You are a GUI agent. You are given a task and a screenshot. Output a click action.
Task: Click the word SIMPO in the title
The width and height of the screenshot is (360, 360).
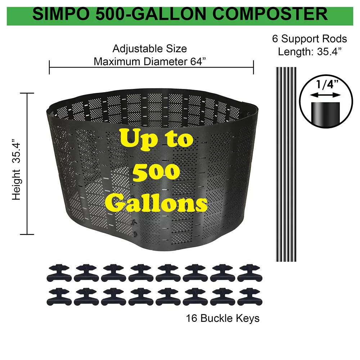click(61, 14)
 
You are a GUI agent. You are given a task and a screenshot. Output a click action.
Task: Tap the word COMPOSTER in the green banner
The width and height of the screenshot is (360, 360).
click(270, 14)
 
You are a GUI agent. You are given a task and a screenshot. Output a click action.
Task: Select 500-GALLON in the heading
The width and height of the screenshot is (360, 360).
click(151, 14)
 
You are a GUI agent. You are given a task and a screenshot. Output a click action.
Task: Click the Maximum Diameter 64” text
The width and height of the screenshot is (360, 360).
click(150, 62)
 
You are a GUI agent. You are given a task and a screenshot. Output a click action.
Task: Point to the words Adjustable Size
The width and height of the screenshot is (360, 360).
click(150, 49)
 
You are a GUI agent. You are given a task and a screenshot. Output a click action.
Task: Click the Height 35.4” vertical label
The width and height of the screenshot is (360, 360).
click(17, 170)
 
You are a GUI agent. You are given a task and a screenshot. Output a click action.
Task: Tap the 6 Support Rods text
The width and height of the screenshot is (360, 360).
click(310, 39)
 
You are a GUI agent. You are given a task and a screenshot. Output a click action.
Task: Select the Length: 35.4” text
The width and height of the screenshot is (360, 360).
click(310, 51)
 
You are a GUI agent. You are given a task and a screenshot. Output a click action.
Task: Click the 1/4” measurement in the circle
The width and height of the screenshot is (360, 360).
click(327, 84)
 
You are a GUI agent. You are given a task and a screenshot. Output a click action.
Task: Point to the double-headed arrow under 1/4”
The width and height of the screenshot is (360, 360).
click(325, 95)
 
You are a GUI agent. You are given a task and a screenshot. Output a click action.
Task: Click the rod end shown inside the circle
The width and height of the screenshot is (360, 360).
click(325, 114)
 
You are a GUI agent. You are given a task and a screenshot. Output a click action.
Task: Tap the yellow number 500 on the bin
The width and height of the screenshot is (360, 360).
click(156, 172)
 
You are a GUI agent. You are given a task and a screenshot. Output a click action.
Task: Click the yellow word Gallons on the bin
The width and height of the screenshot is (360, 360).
click(156, 202)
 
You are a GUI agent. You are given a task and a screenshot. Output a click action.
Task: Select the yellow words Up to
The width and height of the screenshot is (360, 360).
click(157, 139)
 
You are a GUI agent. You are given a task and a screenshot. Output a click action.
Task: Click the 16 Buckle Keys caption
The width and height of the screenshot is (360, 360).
click(223, 318)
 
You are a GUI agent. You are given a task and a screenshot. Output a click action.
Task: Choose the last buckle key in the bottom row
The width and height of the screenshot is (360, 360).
click(250, 297)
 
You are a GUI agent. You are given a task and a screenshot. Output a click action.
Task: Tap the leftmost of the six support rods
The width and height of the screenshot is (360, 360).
click(277, 165)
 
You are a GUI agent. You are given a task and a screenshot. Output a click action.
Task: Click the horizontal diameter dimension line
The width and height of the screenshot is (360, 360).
click(151, 68)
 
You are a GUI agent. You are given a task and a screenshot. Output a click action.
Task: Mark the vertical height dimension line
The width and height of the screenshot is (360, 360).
click(27, 164)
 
